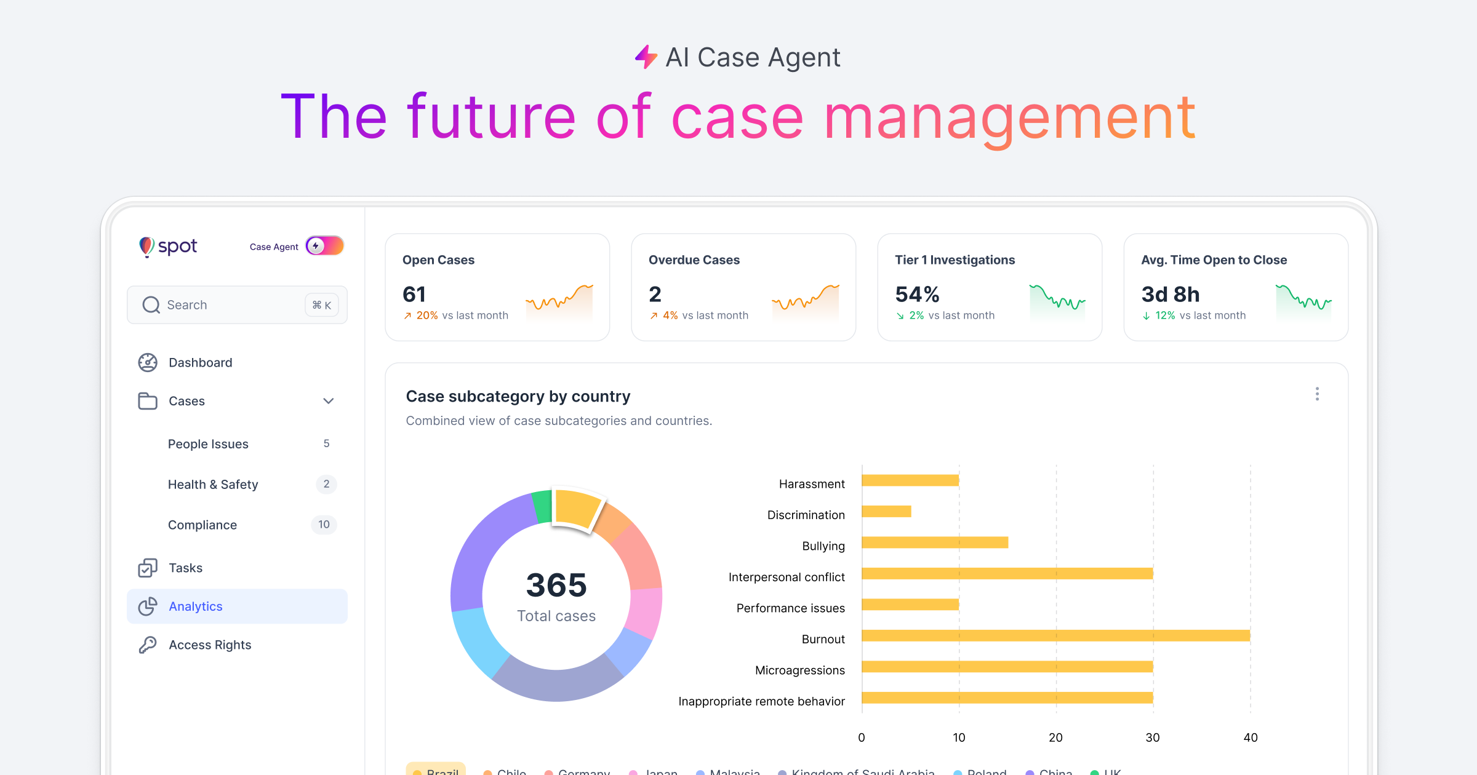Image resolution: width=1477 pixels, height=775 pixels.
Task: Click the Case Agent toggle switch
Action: coord(324,246)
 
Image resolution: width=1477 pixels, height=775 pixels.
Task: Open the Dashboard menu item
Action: coord(200,363)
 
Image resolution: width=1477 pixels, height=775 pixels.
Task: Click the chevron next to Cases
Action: coord(328,401)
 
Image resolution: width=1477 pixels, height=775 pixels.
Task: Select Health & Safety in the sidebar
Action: coord(213,485)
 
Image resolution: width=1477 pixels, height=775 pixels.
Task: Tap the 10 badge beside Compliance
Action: coord(324,525)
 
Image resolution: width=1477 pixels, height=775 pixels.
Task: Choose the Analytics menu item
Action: coord(196,606)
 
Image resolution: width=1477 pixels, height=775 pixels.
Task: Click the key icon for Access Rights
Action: coord(148,645)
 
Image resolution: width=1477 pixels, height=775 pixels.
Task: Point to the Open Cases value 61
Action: coord(414,295)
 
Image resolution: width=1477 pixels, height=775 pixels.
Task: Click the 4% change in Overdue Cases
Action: coord(670,316)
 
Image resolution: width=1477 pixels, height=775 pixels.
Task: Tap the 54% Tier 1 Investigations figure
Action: coord(917,295)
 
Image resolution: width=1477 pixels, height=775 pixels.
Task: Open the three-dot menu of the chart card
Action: coord(1317,394)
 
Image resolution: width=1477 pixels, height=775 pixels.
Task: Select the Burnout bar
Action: coord(1055,635)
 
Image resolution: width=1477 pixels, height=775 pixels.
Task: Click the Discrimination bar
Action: coord(886,511)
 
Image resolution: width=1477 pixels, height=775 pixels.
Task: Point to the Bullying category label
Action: coord(823,546)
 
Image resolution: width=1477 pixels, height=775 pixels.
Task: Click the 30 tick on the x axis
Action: coord(1153,737)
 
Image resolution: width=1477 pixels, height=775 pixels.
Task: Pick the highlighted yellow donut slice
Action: coord(576,508)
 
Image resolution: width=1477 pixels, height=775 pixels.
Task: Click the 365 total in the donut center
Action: coord(556,585)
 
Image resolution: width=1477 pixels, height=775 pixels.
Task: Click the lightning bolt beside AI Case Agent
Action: coord(646,57)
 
